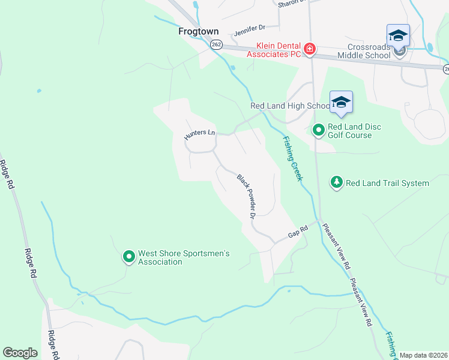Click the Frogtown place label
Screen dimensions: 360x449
point(198,31)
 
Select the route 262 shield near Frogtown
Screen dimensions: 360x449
point(217,44)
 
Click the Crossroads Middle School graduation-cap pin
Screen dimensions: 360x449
point(398,37)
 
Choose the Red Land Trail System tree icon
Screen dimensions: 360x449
point(337,182)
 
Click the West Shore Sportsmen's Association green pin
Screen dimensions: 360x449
point(128,257)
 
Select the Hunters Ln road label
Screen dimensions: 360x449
point(200,136)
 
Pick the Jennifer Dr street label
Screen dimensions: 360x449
point(249,28)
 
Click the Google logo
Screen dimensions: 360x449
point(20,353)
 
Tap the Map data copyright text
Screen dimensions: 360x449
point(423,355)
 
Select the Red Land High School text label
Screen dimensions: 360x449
point(290,106)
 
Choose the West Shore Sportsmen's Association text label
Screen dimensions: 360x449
point(184,257)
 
